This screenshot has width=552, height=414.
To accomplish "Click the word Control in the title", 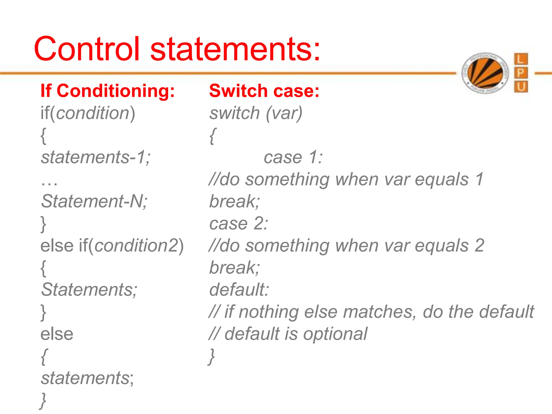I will point(87,49).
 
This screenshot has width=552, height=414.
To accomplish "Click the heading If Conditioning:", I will point(108,91).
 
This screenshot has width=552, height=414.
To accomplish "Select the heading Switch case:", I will point(264,91).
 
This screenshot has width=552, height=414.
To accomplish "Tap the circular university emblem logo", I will point(485,73).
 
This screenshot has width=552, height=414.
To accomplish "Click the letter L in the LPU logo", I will point(521,59).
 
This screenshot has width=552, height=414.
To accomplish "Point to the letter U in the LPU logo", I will point(521,87).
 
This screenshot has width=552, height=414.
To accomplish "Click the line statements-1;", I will point(95,157).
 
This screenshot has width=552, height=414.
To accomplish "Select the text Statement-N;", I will point(94,201).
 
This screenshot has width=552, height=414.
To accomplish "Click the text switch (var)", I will point(256,113).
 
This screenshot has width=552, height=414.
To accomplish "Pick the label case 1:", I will point(293,157).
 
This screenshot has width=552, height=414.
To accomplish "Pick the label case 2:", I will point(239,223).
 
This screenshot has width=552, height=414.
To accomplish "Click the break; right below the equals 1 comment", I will point(234,201).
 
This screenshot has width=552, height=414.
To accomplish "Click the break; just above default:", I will point(234,268).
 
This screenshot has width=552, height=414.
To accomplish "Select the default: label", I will point(239,290).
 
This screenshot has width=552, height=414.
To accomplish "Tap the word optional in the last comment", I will point(335,334).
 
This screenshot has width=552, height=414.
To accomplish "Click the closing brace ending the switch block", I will point(212,356).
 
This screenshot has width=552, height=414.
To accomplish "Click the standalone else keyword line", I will point(57,334).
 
